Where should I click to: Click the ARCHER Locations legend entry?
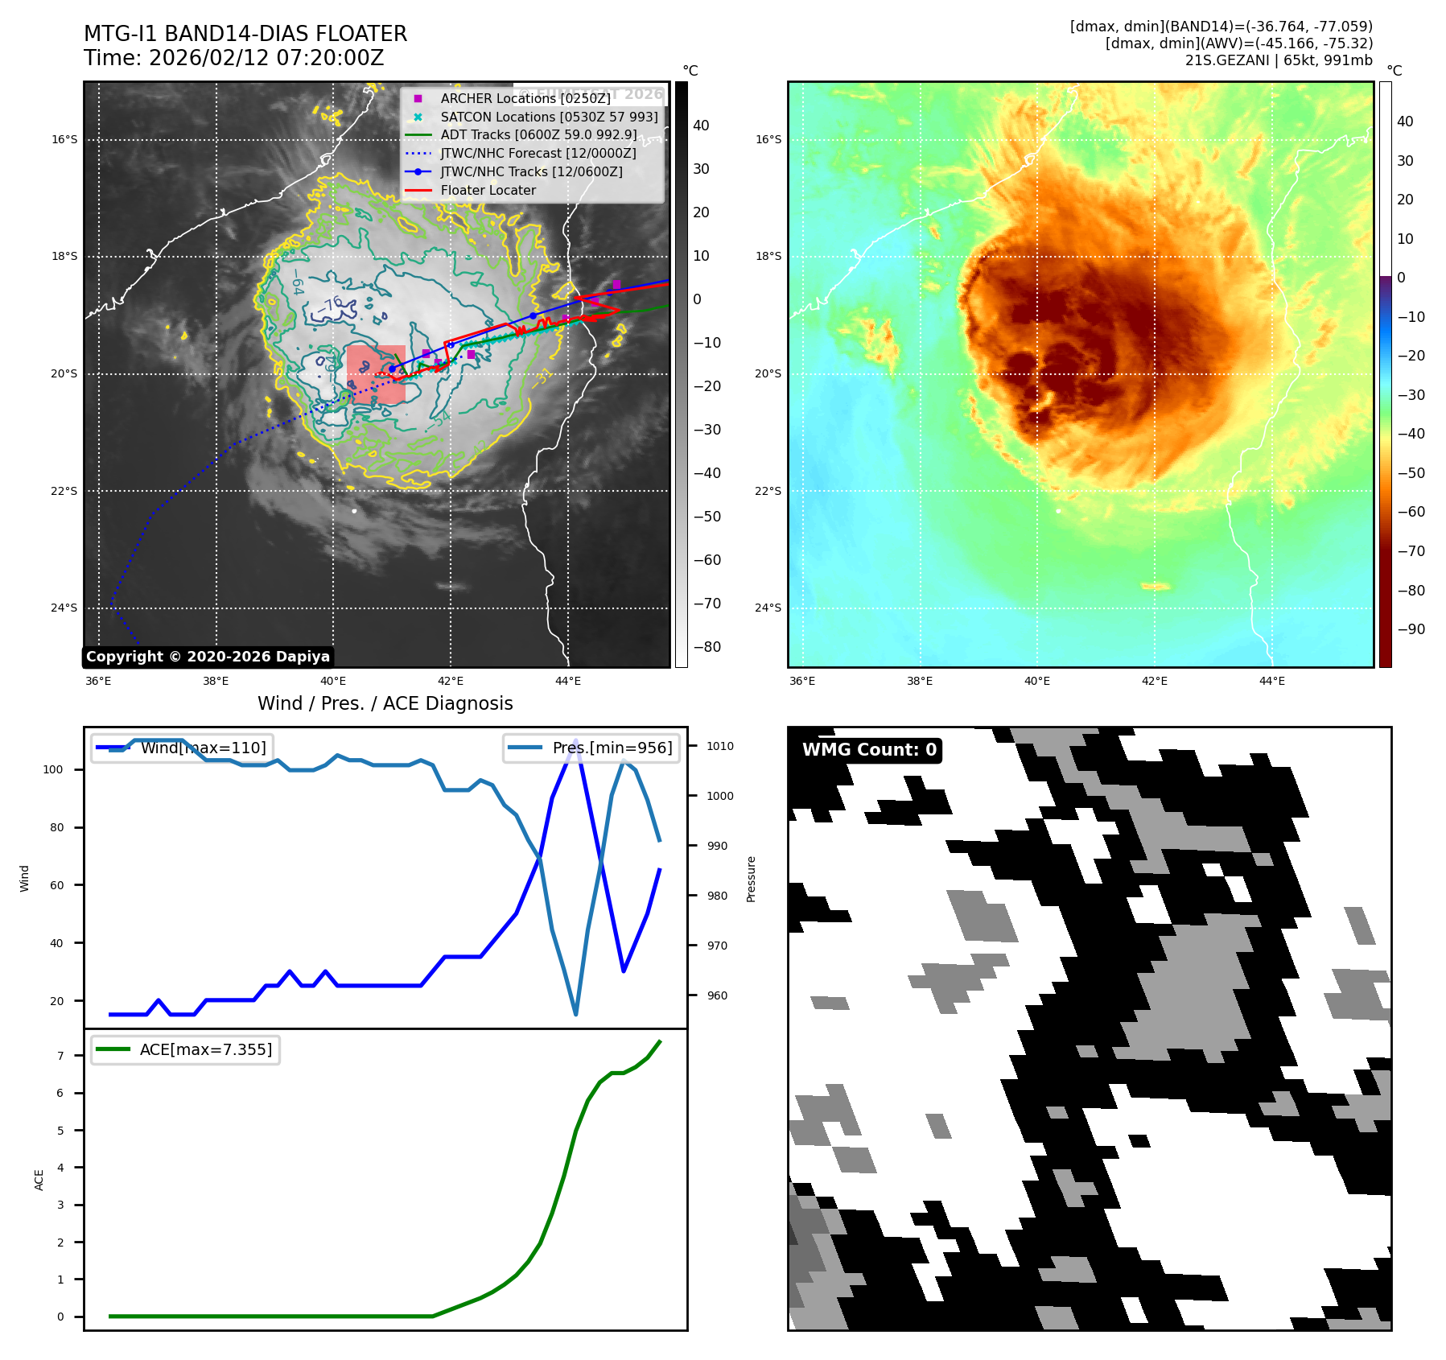[525, 98]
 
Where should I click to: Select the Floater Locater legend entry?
[488, 191]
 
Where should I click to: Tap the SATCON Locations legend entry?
[549, 117]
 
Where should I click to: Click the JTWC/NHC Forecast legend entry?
[538, 154]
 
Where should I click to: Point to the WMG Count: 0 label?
[869, 750]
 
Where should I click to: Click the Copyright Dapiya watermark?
[208, 657]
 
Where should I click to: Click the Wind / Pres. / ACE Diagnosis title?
[385, 703]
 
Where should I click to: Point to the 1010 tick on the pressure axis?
[720, 746]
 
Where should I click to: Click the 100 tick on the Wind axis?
[53, 769]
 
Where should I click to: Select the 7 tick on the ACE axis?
[60, 1056]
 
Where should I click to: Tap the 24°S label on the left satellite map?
[64, 608]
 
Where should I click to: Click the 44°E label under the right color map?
[1271, 681]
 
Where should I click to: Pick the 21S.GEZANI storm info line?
[1278, 60]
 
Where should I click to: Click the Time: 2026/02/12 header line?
[233, 59]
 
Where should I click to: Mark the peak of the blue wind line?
[575, 740]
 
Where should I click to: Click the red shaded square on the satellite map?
[376, 374]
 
